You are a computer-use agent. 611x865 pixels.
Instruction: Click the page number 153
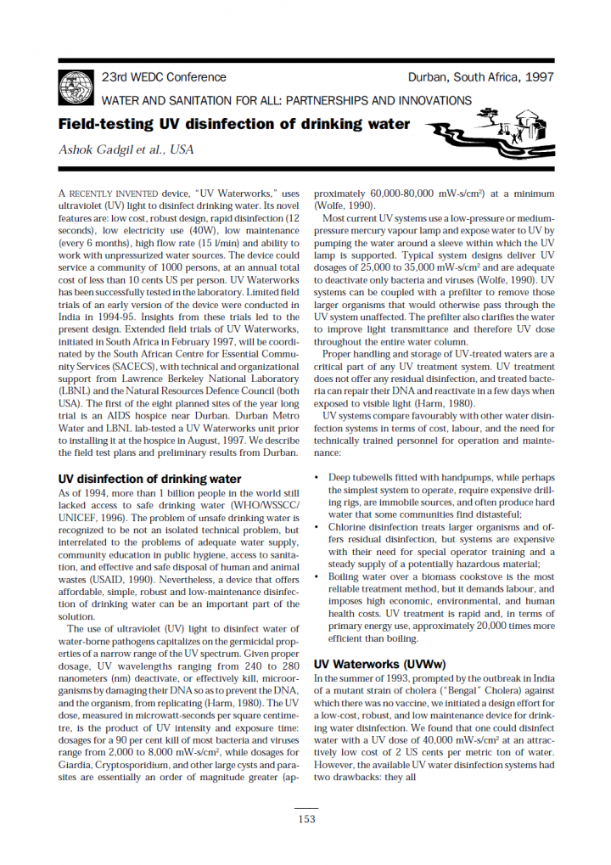(x=305, y=818)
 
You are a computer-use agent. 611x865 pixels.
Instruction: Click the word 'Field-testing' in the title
(x=105, y=124)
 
